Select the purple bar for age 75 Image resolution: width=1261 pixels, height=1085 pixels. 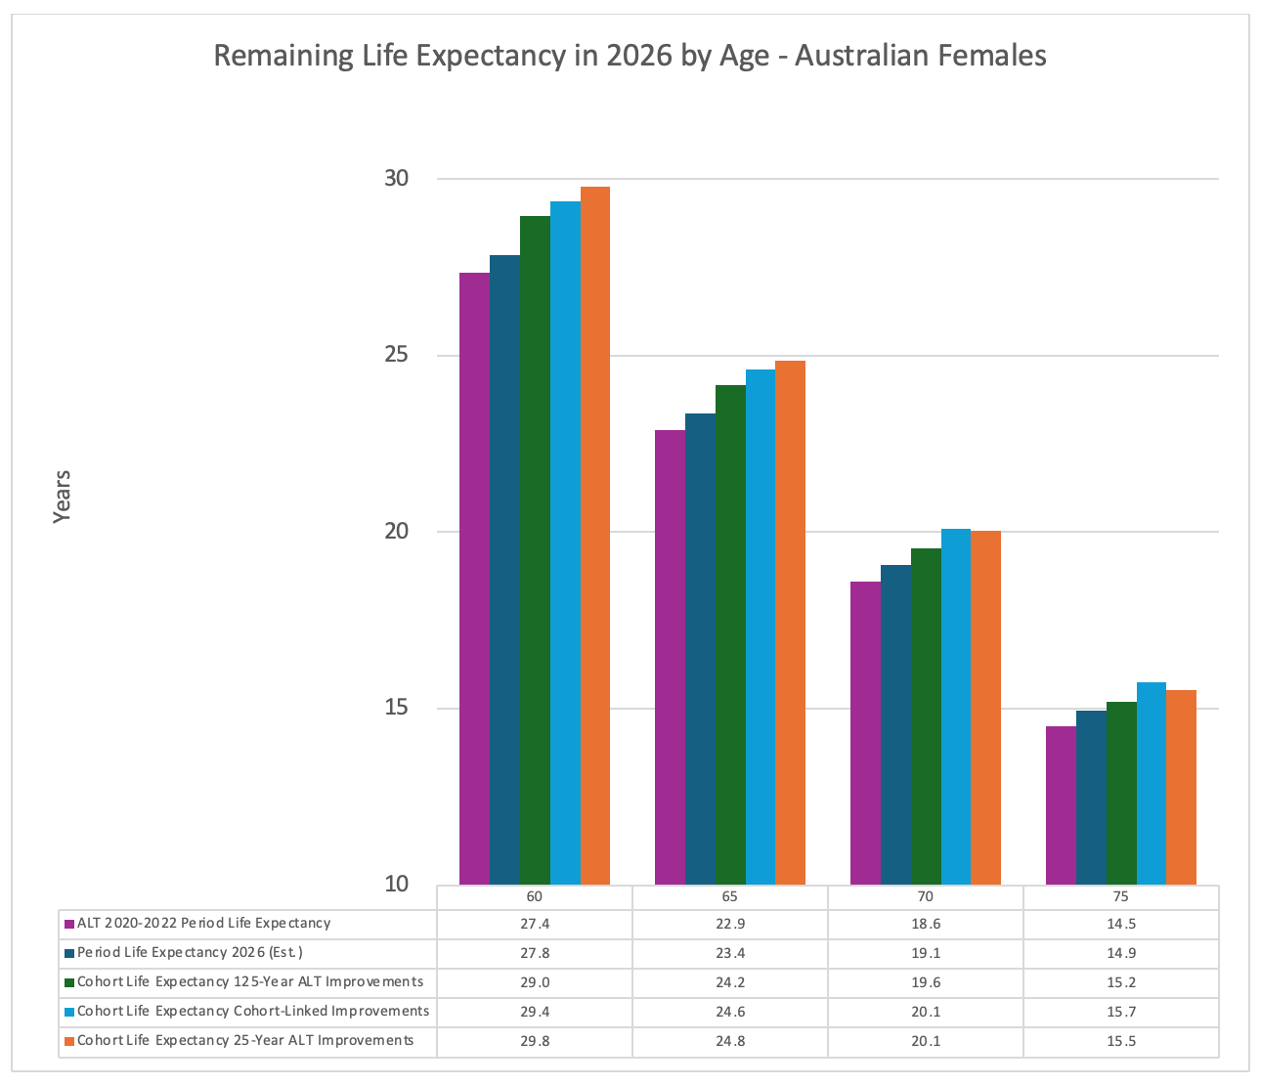(1061, 805)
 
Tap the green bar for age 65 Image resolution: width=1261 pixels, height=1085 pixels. (730, 634)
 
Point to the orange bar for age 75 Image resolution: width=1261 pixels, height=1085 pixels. (1181, 787)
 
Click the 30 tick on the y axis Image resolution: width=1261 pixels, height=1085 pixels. (396, 179)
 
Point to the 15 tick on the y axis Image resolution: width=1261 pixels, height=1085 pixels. (396, 709)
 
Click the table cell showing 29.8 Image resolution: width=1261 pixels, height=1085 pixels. (535, 1041)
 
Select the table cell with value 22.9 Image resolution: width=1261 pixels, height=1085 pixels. (730, 924)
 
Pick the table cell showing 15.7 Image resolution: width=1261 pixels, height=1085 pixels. (1121, 1012)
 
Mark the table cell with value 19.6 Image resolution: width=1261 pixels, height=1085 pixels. (926, 982)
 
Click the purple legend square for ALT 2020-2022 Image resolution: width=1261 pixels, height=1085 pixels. (69, 924)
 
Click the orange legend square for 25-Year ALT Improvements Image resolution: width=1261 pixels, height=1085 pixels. (69, 1041)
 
